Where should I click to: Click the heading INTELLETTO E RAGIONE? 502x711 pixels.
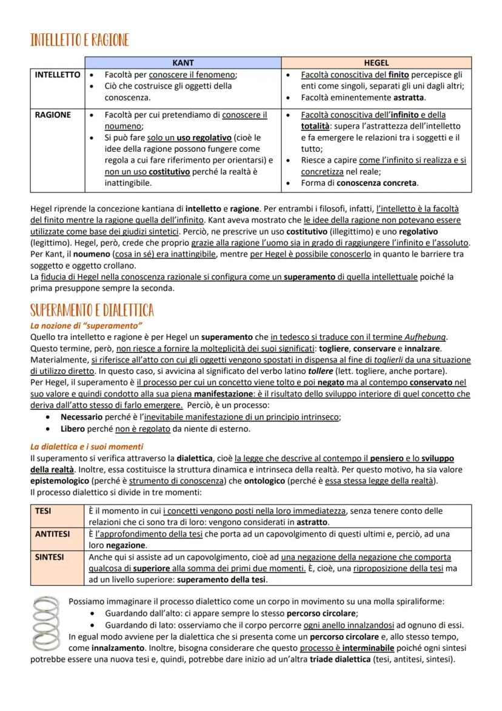79,41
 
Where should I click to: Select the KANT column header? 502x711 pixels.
182,63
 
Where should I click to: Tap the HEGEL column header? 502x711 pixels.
376,63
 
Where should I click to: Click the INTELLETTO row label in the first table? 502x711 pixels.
57,75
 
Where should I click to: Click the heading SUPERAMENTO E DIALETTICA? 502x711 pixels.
92,310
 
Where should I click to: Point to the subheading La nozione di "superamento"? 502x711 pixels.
86,326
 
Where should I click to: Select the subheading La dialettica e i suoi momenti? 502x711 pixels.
87,446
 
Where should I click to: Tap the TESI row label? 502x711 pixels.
44,511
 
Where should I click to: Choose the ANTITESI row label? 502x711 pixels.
52,534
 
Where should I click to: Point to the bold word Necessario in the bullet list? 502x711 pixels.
82,417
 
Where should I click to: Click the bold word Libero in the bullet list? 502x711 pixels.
73,429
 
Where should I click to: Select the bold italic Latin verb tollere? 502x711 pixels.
321,371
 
